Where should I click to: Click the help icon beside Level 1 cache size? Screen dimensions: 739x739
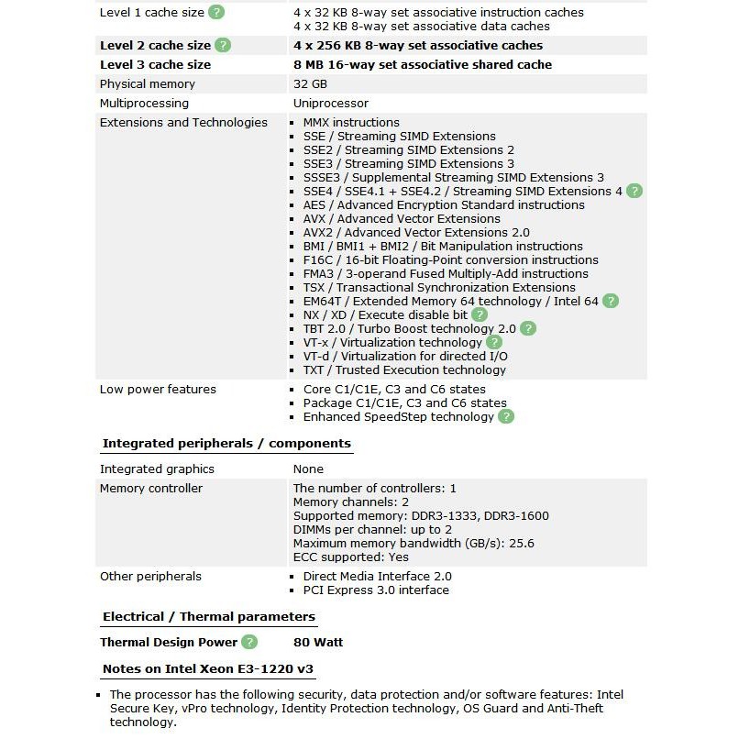tap(216, 12)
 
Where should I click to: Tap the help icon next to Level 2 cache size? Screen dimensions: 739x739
tap(223, 45)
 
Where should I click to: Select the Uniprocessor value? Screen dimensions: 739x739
tap(331, 104)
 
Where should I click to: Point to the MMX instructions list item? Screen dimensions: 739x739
tap(351, 123)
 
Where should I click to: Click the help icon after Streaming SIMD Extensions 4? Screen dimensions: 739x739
tap(634, 191)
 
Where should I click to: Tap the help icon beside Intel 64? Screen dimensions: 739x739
tap(611, 301)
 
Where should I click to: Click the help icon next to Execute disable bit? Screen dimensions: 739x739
tap(480, 314)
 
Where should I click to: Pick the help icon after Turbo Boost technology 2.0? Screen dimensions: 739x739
tap(528, 328)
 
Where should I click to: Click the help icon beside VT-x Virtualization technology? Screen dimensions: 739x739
tap(494, 342)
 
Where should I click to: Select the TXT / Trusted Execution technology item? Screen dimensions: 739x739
tap(404, 370)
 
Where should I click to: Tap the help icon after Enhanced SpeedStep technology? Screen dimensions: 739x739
tap(506, 416)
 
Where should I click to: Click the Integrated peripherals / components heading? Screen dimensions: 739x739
tap(226, 444)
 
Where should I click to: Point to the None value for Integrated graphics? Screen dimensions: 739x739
tap(308, 469)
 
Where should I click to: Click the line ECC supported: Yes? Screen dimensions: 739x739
tap(351, 557)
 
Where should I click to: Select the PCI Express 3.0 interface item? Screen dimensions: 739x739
tap(376, 590)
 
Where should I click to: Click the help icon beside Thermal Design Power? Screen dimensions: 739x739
tap(249, 643)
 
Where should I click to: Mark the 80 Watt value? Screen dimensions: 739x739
tap(318, 643)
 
